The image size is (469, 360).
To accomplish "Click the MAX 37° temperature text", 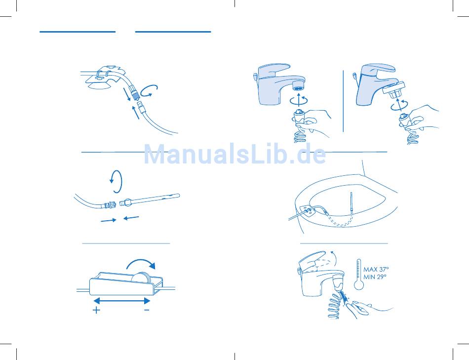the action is pyautogui.click(x=376, y=269).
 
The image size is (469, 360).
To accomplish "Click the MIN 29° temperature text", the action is pyautogui.click(x=375, y=277).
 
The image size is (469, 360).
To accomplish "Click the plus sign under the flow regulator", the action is pyautogui.click(x=96, y=310).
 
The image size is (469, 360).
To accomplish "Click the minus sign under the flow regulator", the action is pyautogui.click(x=147, y=310).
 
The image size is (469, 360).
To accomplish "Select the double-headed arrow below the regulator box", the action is pyautogui.click(x=122, y=300).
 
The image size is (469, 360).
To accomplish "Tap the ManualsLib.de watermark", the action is pyautogui.click(x=235, y=154).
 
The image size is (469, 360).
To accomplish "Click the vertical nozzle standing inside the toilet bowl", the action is pyautogui.click(x=352, y=206).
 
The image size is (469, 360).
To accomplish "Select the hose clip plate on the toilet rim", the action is pyautogui.click(x=307, y=211).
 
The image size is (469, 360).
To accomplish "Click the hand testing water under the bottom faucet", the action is pyautogui.click(x=368, y=309).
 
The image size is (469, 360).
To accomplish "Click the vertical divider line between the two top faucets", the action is pyautogui.click(x=343, y=101).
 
